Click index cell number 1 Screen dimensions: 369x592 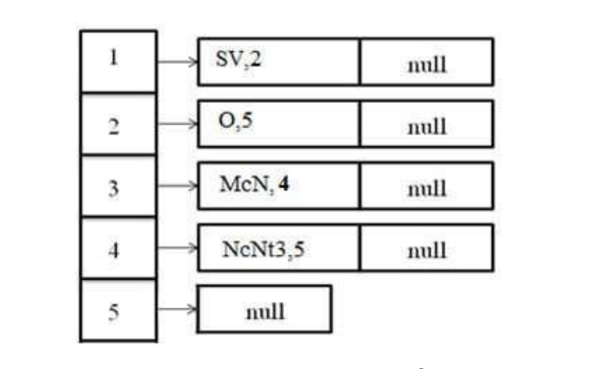pos(118,61)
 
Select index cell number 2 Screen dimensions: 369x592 pos(118,124)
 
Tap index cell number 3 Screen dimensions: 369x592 pos(118,186)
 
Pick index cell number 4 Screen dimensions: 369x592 pos(118,248)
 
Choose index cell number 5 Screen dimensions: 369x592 pos(118,310)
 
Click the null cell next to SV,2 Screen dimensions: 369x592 pos(426,62)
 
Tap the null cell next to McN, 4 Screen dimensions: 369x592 pos(426,186)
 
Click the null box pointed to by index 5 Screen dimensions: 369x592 pos(265,309)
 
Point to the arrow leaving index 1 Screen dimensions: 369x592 pos(177,61)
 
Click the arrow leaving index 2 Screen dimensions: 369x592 pos(177,124)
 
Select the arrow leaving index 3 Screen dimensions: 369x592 pos(177,186)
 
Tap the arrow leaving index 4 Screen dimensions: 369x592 pos(177,248)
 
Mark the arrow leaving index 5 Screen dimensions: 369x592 pos(177,310)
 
